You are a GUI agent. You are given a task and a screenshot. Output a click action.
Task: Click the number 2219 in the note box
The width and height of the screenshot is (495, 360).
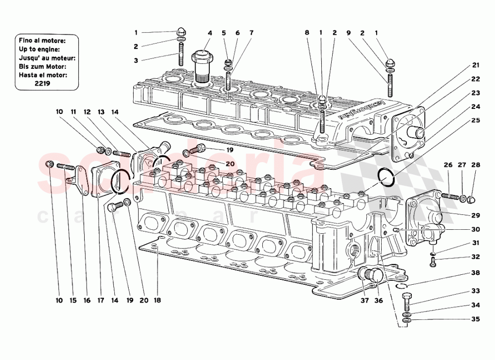point(46,84)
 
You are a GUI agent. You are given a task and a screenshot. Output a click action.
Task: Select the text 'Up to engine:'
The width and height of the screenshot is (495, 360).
point(39,49)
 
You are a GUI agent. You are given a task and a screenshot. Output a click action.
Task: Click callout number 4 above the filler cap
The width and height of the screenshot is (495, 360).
point(210,33)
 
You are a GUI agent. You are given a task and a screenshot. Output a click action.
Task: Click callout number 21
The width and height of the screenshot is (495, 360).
point(476,65)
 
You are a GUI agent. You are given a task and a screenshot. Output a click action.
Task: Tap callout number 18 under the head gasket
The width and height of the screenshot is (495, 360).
point(158,300)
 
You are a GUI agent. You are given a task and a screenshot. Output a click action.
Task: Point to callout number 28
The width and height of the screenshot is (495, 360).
point(475,165)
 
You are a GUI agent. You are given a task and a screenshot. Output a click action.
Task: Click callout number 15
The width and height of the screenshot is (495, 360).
point(73,300)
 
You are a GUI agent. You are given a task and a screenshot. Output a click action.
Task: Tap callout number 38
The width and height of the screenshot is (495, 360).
point(475,272)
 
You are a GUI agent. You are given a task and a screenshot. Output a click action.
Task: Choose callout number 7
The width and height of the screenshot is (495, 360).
point(251,33)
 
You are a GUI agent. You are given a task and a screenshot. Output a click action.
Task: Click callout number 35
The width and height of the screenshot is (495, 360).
point(475,319)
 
